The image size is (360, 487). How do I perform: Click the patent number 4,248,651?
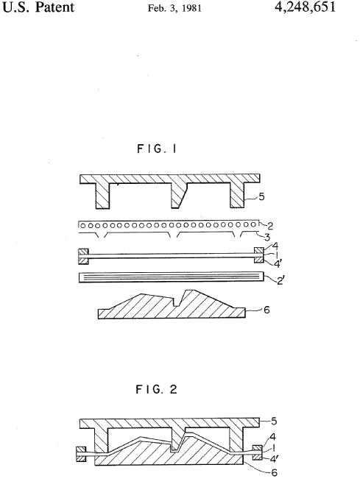(x=305, y=7)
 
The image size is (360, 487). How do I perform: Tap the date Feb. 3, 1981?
(x=174, y=8)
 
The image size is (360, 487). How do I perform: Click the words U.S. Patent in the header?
(x=38, y=7)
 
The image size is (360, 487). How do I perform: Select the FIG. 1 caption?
(x=157, y=149)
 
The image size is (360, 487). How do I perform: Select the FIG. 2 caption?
(x=156, y=389)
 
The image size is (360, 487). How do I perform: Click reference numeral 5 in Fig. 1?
(x=262, y=196)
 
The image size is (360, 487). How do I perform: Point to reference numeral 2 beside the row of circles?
(x=270, y=226)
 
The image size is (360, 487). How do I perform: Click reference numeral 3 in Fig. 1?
(x=267, y=238)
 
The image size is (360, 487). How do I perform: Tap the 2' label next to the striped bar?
(x=280, y=281)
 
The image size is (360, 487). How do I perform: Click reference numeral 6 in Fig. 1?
(x=267, y=310)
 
